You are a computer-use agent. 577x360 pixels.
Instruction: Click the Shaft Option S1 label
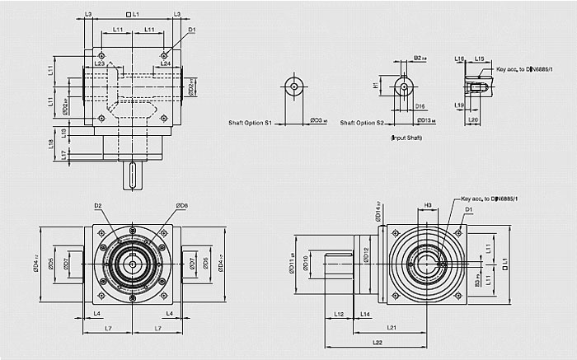pos(251,123)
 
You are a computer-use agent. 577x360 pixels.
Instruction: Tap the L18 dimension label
pos(52,143)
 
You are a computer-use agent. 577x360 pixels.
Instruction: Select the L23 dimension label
pos(99,63)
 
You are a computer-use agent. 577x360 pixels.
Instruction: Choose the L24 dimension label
pos(165,63)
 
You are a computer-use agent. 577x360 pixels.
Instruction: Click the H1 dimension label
pos(376,85)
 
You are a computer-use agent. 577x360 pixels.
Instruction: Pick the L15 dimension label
pos(479,59)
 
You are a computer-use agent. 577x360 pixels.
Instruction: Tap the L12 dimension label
pos(340,314)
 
